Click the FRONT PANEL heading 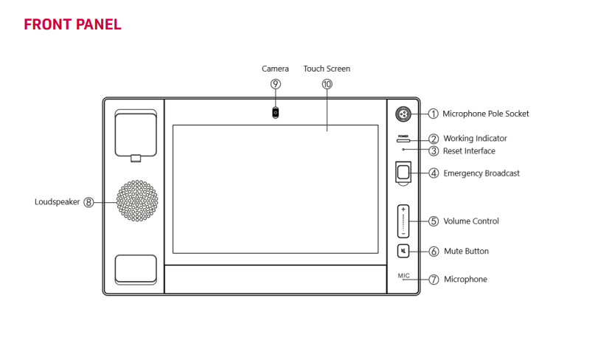coord(72,24)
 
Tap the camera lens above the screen coord(276,113)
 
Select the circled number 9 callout coord(276,84)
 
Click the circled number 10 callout coord(327,84)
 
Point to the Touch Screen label coord(327,69)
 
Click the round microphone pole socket coord(403,114)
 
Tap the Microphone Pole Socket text coord(485,114)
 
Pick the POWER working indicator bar coord(403,139)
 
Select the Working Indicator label coord(475,138)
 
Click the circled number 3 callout coord(434,151)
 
